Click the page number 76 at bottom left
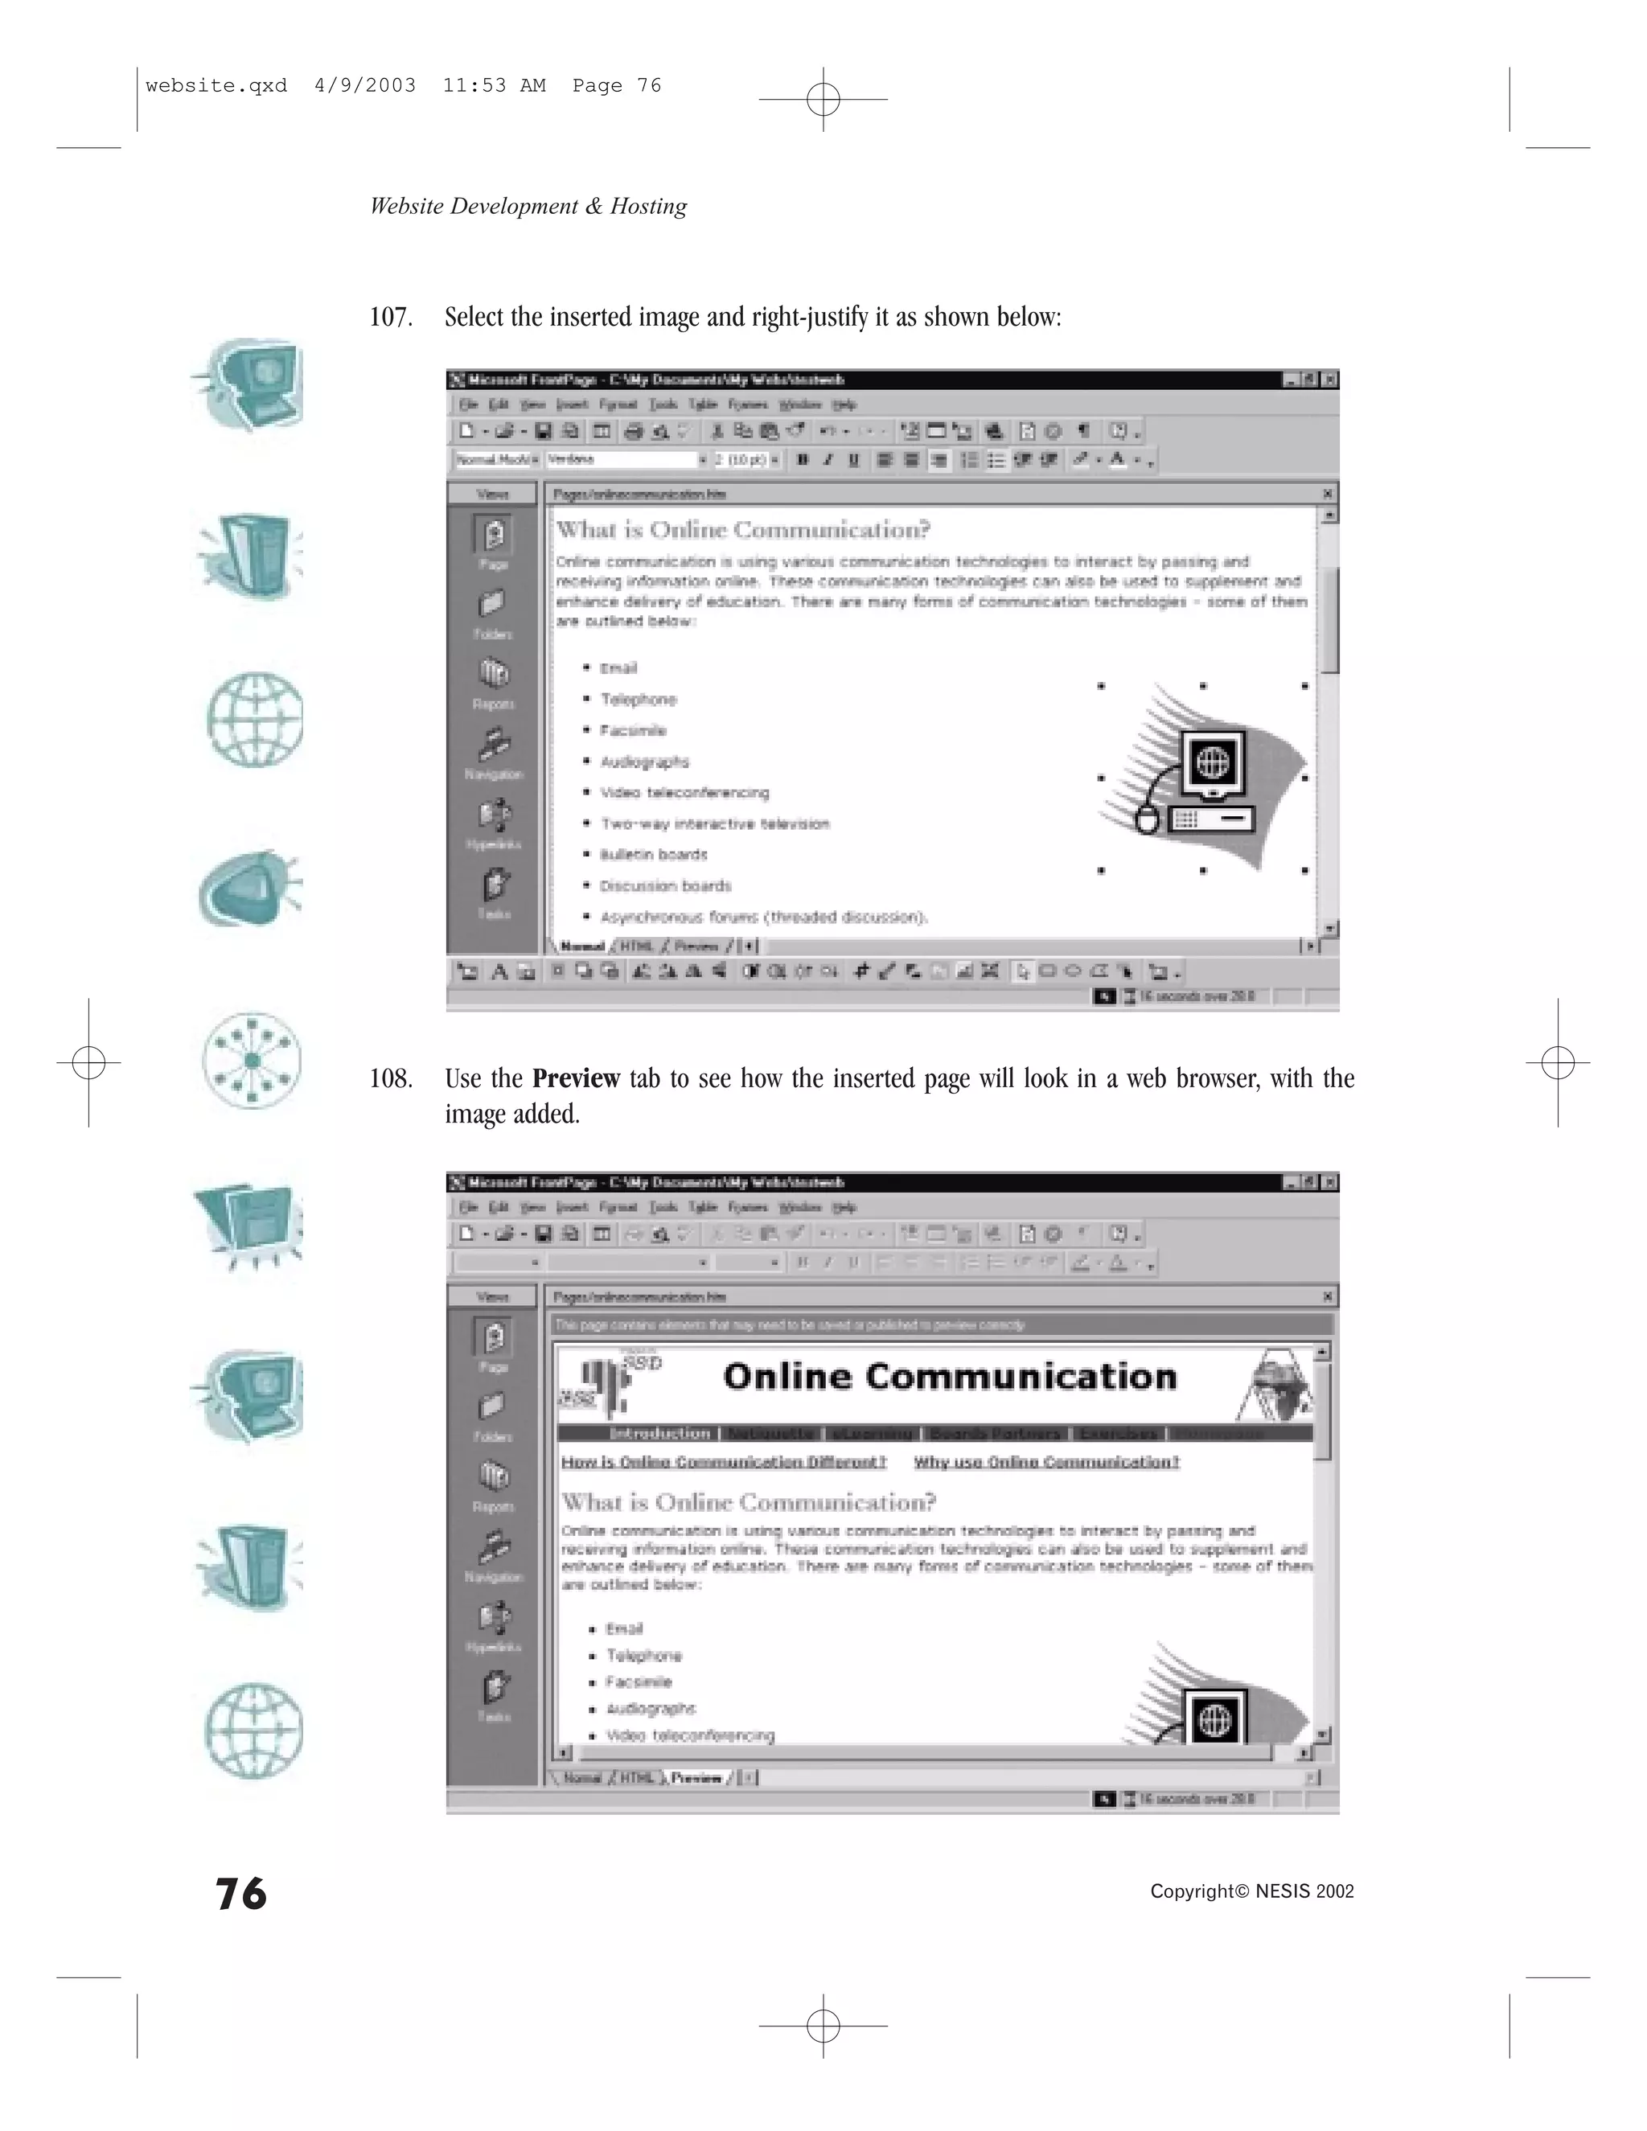[241, 1894]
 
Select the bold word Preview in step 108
[576, 1079]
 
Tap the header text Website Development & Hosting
[528, 207]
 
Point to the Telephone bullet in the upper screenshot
[638, 700]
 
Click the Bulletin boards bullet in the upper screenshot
[654, 855]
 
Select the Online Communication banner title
[950, 1377]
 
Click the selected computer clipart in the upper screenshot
[1203, 778]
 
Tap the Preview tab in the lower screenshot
[696, 1778]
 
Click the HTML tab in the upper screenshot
[637, 946]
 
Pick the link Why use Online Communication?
[1046, 1462]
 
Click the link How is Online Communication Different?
[723, 1462]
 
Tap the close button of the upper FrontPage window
[1330, 380]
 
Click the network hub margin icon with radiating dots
[252, 1060]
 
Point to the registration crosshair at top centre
[823, 99]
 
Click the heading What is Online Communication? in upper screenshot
[742, 530]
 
